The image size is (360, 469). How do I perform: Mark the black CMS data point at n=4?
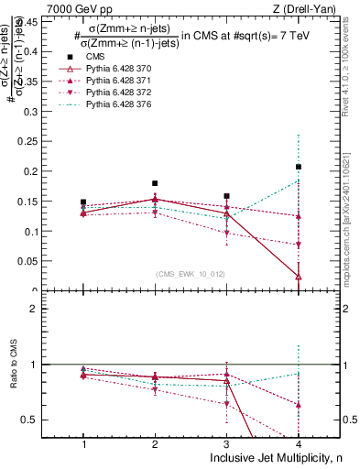299,167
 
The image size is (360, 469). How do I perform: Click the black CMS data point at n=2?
155,183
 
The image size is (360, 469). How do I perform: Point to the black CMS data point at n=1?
83,202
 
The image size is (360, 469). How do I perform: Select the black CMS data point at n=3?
226,196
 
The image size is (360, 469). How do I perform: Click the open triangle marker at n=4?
299,277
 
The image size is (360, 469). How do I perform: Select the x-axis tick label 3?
226,444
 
